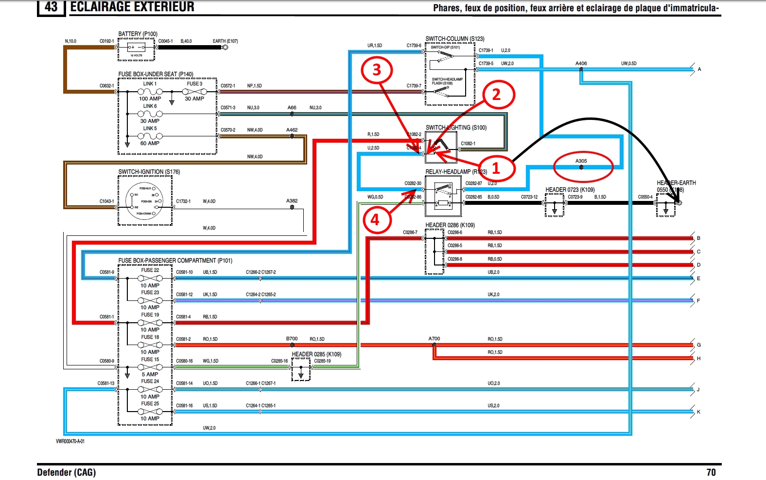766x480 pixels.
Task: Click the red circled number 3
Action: [377, 70]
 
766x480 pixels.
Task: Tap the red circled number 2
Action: [496, 95]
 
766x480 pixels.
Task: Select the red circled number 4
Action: [375, 220]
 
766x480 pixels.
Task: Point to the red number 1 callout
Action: [496, 168]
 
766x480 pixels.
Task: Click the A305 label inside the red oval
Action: [581, 161]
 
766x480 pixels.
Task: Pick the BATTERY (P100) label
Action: [138, 34]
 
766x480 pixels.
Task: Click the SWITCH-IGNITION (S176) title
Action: [149, 172]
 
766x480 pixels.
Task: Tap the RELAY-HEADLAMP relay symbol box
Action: [443, 196]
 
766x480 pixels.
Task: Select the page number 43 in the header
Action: [51, 7]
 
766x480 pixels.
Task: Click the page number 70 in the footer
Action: [711, 472]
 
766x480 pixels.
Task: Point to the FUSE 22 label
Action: [150, 270]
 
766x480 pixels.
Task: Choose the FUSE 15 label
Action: [150, 360]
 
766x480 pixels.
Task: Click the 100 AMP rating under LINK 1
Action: [150, 99]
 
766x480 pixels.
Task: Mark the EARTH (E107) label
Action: [225, 41]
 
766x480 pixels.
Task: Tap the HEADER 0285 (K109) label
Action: [316, 354]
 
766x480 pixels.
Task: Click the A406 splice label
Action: [581, 64]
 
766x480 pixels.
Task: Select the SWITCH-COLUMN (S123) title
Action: [454, 39]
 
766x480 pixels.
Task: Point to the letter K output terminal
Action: [698, 412]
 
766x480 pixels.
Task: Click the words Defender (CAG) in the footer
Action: [67, 472]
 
